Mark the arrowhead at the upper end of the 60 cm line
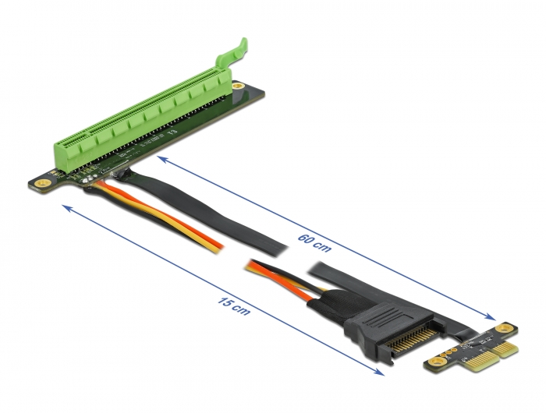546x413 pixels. pos(159,158)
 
